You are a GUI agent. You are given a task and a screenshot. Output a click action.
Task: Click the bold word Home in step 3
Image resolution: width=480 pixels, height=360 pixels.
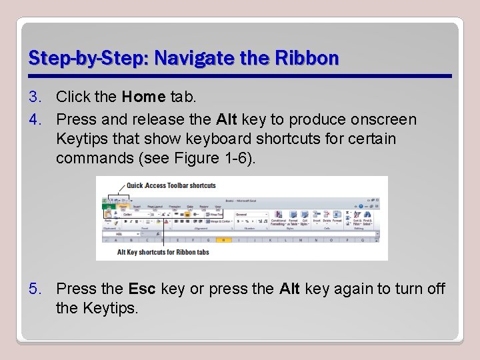click(x=143, y=97)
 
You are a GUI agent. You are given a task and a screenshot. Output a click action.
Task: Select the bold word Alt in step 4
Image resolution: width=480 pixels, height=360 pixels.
click(x=227, y=120)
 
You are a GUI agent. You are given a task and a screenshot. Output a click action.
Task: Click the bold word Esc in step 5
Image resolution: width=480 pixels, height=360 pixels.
click(x=142, y=289)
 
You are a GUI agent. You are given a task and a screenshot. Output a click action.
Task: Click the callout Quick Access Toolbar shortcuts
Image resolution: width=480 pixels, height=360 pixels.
click(x=171, y=185)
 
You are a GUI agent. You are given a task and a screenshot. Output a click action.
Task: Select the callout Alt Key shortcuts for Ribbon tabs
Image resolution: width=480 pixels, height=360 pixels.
click(x=163, y=252)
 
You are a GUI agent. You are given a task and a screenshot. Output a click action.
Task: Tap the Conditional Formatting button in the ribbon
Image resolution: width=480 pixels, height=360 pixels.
click(x=278, y=220)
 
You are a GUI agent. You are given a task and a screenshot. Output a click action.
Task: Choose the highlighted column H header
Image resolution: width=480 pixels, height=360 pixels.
click(x=224, y=241)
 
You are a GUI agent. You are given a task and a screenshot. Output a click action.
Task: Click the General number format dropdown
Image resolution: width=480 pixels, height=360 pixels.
click(x=251, y=215)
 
